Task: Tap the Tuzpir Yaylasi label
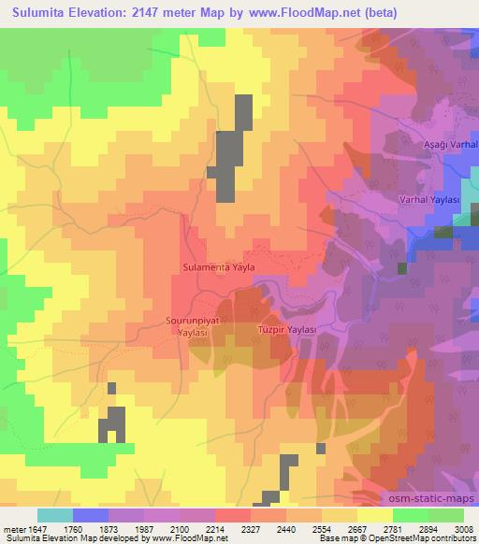[x=288, y=330]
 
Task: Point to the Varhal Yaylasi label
[x=427, y=200]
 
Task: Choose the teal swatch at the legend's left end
[x=55, y=515]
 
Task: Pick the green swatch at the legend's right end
[x=445, y=515]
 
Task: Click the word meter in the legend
[x=16, y=529]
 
